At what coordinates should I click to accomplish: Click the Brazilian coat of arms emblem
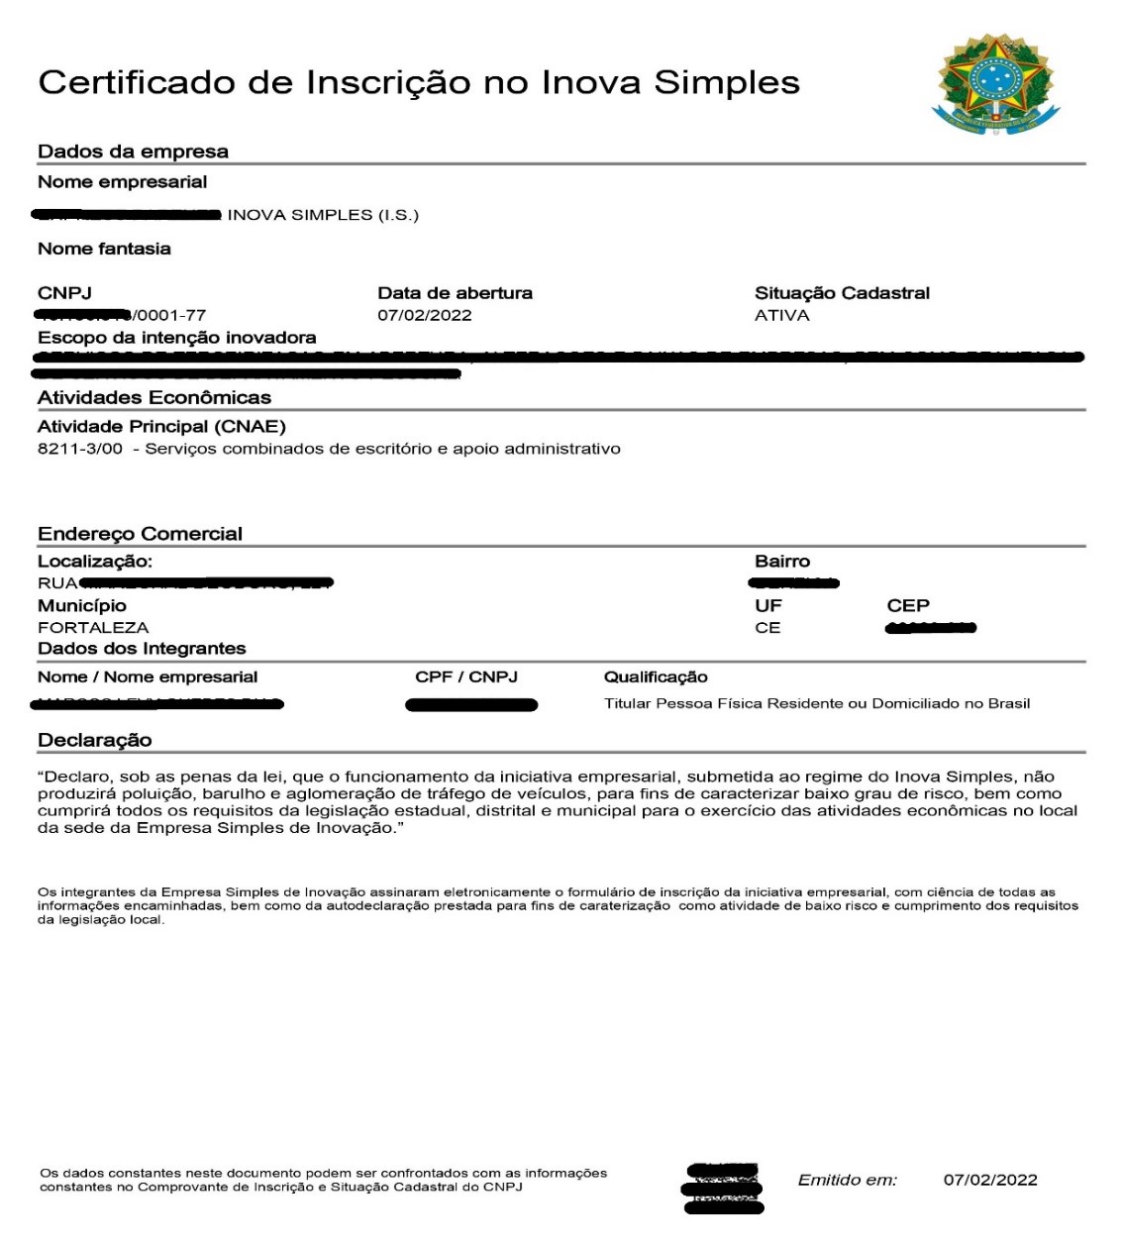pyautogui.click(x=995, y=84)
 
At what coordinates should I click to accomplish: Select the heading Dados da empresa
pyautogui.click(x=133, y=152)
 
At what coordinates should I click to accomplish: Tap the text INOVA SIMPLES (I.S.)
pyautogui.click(x=323, y=215)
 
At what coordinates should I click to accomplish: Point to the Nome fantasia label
pyautogui.click(x=104, y=249)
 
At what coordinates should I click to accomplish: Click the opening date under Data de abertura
pyautogui.click(x=424, y=316)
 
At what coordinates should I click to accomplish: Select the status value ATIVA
pyautogui.click(x=781, y=316)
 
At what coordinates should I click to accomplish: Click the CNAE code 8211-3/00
pyautogui.click(x=80, y=449)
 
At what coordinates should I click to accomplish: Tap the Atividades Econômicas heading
pyautogui.click(x=153, y=398)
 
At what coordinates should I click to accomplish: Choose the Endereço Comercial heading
pyautogui.click(x=140, y=534)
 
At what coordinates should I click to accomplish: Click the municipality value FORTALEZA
pyautogui.click(x=93, y=628)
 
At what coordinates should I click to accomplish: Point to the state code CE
pyautogui.click(x=767, y=628)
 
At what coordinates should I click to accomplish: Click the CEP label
pyautogui.click(x=907, y=605)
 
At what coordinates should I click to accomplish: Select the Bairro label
pyautogui.click(x=781, y=562)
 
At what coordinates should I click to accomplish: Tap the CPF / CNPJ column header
pyautogui.click(x=465, y=677)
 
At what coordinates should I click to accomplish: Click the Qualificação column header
pyautogui.click(x=656, y=677)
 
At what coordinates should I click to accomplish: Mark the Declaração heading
pyautogui.click(x=94, y=740)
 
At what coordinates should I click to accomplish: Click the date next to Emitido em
pyautogui.click(x=989, y=1180)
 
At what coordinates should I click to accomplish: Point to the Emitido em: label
pyautogui.click(x=847, y=1180)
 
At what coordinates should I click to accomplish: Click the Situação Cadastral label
pyautogui.click(x=842, y=293)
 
